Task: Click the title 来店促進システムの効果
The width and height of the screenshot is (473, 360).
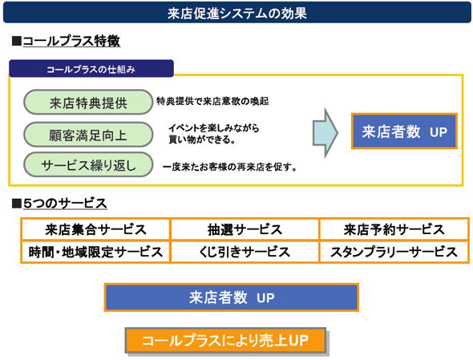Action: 237,14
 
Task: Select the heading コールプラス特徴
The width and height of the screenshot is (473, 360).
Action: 71,41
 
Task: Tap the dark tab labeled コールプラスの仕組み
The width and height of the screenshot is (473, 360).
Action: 91,68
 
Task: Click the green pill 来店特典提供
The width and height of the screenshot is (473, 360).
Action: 88,103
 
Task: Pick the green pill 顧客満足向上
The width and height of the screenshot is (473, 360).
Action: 88,135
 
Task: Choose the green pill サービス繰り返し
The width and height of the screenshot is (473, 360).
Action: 88,164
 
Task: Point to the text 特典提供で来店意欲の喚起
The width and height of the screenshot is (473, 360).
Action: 212,101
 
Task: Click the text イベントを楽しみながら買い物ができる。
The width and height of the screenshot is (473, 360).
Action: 213,134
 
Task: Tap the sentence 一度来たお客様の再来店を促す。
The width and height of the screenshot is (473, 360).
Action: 230,167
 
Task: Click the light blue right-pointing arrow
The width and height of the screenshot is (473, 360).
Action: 325,133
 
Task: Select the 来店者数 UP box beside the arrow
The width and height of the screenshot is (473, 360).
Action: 404,131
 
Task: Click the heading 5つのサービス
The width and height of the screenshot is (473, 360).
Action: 65,204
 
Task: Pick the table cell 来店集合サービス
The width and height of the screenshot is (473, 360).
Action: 95,229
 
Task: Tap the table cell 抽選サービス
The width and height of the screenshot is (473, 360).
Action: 245,229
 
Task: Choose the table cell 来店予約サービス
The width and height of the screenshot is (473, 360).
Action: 394,229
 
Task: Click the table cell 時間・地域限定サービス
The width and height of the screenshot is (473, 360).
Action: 95,252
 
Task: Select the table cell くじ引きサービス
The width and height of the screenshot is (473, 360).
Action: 245,252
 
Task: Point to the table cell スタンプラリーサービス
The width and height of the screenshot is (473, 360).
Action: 394,252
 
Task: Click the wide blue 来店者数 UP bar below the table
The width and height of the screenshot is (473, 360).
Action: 232,297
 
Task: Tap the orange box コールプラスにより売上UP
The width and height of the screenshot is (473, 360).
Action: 225,341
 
